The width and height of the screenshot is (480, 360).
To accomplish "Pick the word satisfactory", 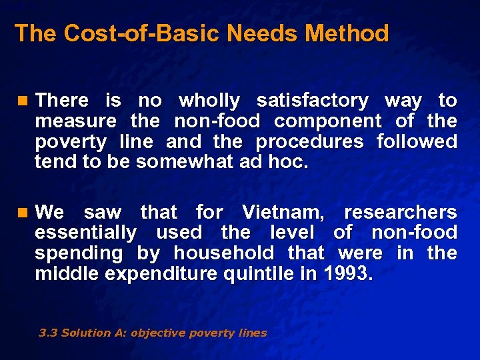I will click(x=312, y=101).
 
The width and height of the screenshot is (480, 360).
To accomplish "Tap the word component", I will click(x=327, y=121).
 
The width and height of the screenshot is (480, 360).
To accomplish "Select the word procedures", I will click(x=309, y=142).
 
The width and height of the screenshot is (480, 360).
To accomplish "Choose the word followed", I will click(x=417, y=142).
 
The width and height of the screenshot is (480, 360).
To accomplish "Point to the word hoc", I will click(x=293, y=163).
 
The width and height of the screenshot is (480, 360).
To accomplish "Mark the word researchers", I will click(x=400, y=213).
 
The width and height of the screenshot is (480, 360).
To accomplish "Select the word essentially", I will click(x=85, y=233).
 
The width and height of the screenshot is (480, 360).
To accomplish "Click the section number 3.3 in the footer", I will click(x=47, y=333).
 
